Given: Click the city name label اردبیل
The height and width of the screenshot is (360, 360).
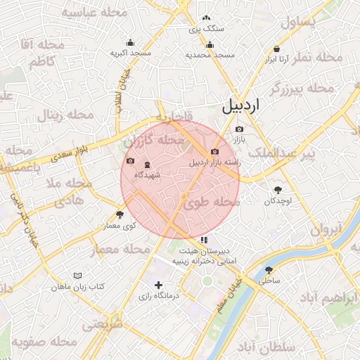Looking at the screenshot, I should (240, 106).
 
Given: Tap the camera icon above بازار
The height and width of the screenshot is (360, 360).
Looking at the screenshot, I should (239, 129).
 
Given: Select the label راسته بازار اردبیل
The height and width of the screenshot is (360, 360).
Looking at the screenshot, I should (214, 162).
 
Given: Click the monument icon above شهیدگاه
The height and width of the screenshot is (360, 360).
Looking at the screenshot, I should (137, 164).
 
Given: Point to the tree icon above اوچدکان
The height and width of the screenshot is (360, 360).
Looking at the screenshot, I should (278, 190).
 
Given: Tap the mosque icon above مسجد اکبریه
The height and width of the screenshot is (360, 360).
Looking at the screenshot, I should (130, 42).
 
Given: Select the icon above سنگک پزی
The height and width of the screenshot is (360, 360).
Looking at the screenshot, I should (205, 19).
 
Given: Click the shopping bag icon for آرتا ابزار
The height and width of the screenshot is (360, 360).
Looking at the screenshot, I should (278, 49).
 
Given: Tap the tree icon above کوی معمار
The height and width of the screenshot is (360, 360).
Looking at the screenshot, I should (120, 215).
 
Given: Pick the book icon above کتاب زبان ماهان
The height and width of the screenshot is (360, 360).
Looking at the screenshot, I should (77, 276).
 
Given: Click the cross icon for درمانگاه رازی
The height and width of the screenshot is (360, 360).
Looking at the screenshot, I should (158, 285).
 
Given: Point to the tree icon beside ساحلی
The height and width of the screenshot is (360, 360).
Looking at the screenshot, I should (269, 270).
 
